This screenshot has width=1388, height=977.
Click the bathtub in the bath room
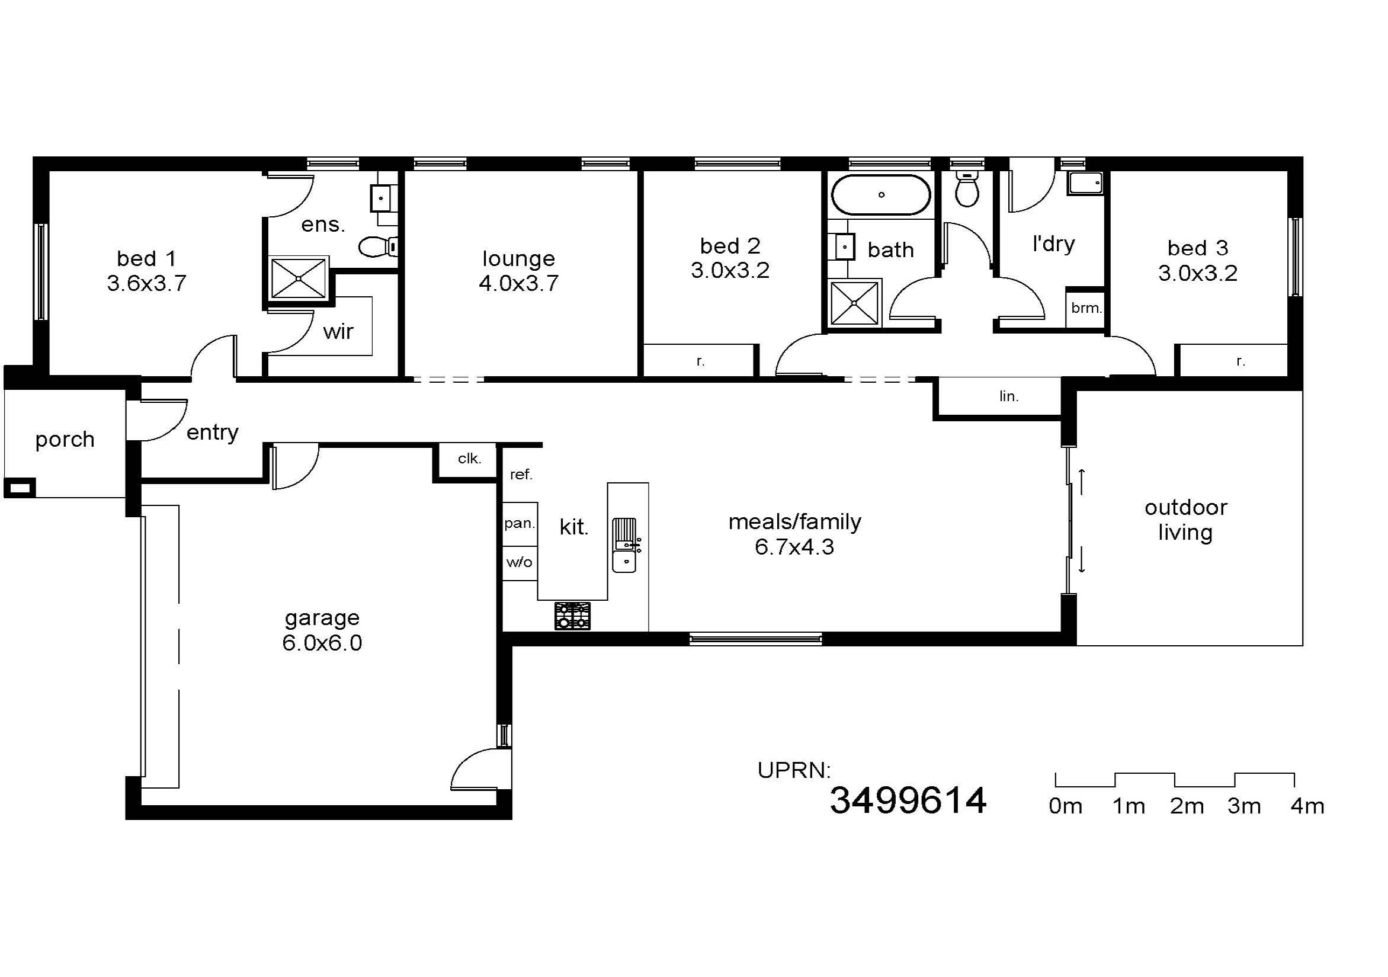[x=881, y=195]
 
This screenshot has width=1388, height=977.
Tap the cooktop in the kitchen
[x=572, y=616]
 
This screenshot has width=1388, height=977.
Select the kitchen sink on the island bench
[x=625, y=544]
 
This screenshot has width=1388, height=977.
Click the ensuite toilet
[x=378, y=246]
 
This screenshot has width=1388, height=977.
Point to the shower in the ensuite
[x=299, y=278]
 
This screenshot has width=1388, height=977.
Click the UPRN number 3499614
[x=908, y=800]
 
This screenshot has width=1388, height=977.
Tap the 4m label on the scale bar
[x=1307, y=806]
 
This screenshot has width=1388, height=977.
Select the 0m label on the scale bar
[x=1065, y=806]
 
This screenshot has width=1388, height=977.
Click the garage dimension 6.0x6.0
[x=322, y=643]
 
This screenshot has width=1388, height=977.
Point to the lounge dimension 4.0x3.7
[x=519, y=283]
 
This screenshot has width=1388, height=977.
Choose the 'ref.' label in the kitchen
[x=521, y=475]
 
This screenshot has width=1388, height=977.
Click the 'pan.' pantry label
[x=520, y=524]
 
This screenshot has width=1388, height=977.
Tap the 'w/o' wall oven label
[x=520, y=562]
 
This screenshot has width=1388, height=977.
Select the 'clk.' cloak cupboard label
[x=469, y=458]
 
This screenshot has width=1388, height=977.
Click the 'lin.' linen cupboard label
[x=1008, y=396]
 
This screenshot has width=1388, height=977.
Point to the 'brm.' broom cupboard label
[x=1086, y=307]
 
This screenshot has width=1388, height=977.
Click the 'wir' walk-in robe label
[x=338, y=331]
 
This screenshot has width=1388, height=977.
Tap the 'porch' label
[x=65, y=440]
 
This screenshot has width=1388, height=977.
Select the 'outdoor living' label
[x=1185, y=520]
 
